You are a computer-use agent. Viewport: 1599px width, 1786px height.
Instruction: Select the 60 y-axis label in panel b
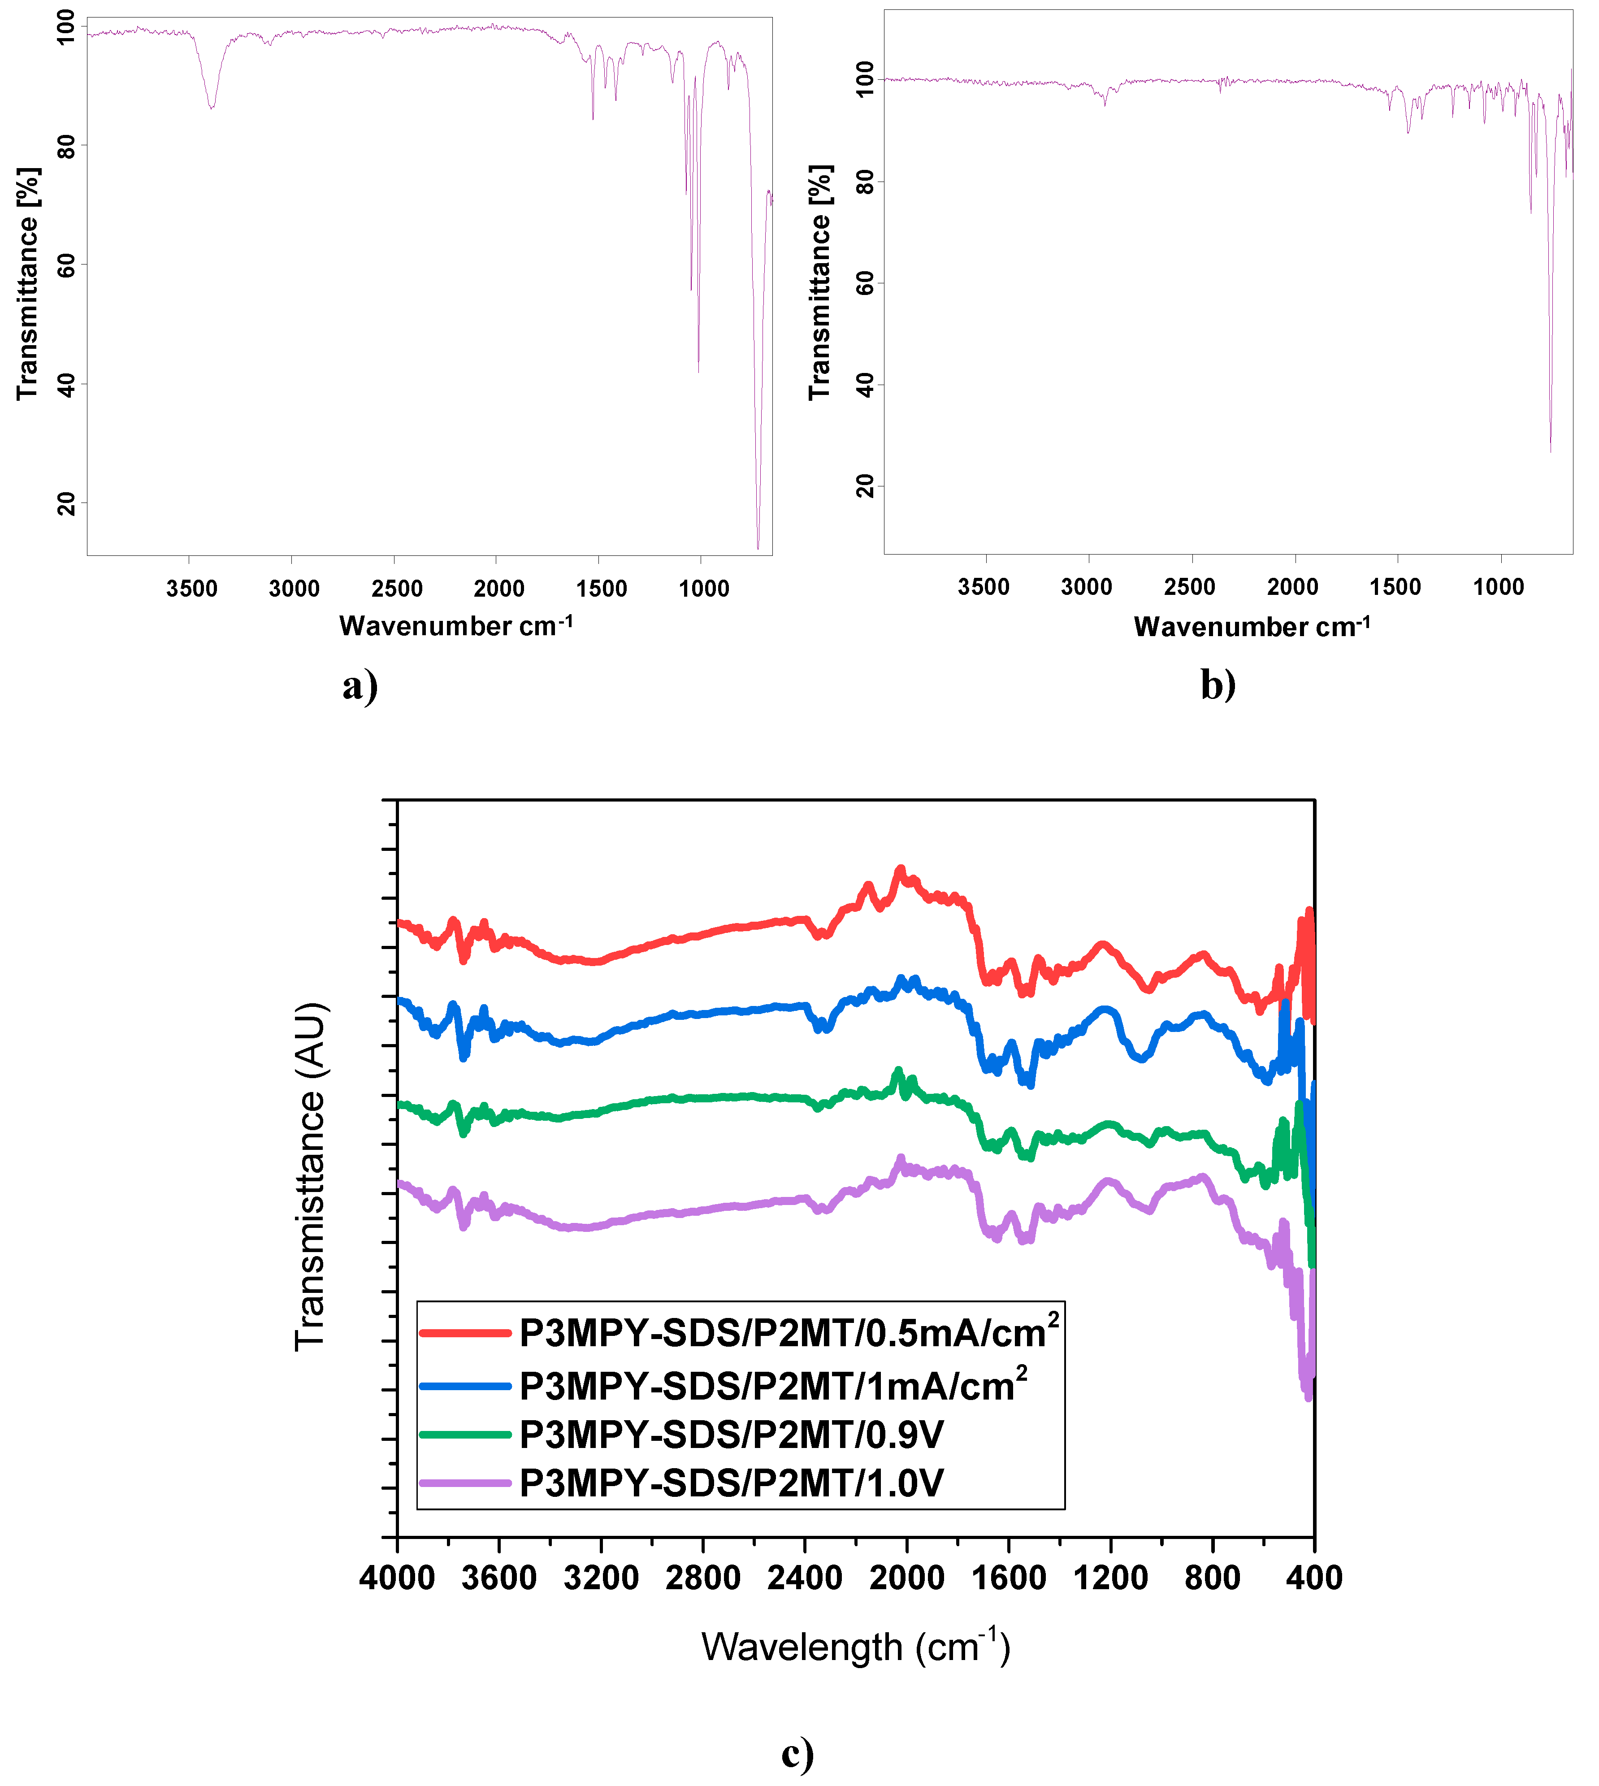(865, 283)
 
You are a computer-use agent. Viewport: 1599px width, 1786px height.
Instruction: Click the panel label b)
(1218, 686)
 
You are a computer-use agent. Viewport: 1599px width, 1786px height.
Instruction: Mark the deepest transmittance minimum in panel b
(1550, 450)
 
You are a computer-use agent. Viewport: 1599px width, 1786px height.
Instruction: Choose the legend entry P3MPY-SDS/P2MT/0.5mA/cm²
(788, 1333)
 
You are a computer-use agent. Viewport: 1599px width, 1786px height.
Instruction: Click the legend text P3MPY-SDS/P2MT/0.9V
(731, 1435)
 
